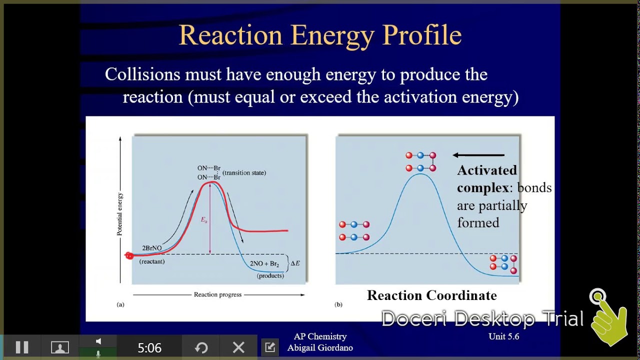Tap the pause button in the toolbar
point(22,347)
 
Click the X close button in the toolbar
point(238,347)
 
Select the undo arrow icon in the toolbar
point(201,347)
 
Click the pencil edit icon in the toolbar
point(270,347)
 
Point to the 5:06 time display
point(149,347)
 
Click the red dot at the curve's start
point(129,256)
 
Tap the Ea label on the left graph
point(204,220)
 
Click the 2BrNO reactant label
point(152,248)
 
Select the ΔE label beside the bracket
point(295,263)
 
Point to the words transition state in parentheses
point(244,173)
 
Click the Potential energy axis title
point(120,214)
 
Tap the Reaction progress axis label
point(217,294)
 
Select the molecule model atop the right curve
point(420,162)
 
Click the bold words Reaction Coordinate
point(431,295)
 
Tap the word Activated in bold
point(487,170)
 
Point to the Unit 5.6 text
point(503,336)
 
